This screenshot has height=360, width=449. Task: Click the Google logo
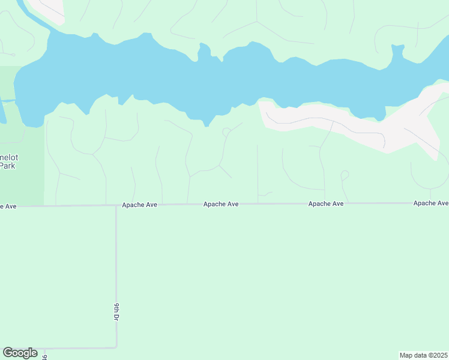point(20,353)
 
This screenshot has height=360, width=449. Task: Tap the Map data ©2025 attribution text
point(423,355)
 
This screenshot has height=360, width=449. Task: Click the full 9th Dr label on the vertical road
point(116,312)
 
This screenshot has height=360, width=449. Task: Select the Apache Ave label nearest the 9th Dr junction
point(139,205)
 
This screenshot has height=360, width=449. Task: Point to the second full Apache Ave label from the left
point(221,204)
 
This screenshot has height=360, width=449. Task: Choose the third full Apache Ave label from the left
point(326,204)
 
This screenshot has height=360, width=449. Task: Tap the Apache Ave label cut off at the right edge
point(430,203)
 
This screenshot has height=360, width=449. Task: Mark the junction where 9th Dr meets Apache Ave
point(116,205)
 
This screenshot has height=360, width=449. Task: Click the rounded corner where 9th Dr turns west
point(115,346)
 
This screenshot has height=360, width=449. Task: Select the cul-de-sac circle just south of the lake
point(226,132)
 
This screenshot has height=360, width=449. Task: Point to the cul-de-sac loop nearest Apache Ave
point(345,175)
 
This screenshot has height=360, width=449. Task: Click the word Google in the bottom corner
point(20,353)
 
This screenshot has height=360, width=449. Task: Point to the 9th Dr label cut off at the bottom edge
point(44,357)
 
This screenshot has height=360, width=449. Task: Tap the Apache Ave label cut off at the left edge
point(8,206)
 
